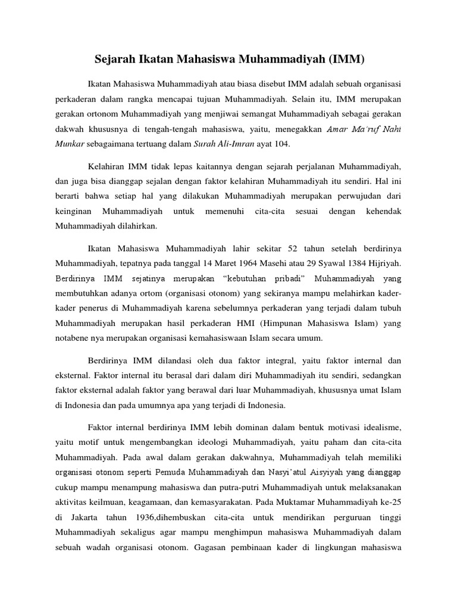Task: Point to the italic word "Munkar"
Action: (x=71, y=144)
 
